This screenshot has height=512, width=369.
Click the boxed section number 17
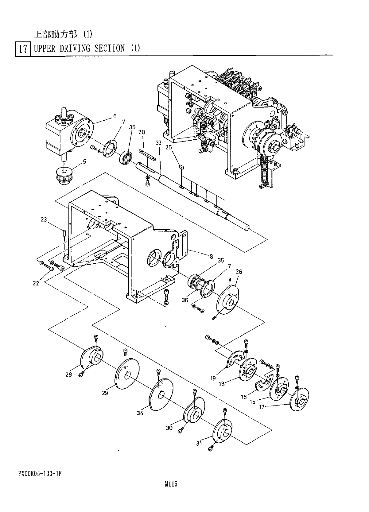click(x=23, y=49)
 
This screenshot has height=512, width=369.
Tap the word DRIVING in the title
click(x=75, y=48)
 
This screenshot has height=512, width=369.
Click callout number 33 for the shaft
click(x=158, y=143)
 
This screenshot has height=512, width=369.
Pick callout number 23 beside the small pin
click(x=44, y=220)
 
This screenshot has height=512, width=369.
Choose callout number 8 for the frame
click(x=211, y=256)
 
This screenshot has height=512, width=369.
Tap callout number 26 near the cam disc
click(x=239, y=272)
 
